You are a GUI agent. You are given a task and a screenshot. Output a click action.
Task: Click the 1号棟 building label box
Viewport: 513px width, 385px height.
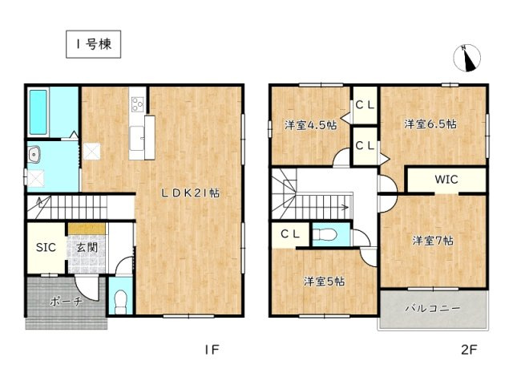pyautogui.click(x=92, y=45)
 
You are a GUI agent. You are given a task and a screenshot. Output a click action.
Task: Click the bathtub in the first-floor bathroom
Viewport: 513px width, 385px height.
pyautogui.click(x=38, y=112)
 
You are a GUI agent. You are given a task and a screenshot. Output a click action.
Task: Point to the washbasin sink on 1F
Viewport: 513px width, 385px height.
pyautogui.click(x=36, y=155)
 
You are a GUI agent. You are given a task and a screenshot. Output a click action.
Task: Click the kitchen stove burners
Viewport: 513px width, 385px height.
pyautogui.click(x=136, y=103)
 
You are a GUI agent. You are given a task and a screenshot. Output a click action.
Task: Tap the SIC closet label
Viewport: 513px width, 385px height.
pyautogui.click(x=46, y=247)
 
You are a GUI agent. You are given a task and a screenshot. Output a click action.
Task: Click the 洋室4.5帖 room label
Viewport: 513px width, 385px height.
pyautogui.click(x=310, y=125)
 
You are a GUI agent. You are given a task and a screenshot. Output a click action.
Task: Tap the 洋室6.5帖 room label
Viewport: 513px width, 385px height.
pyautogui.click(x=430, y=124)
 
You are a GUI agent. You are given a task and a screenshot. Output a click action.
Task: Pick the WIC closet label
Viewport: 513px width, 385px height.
pyautogui.click(x=446, y=180)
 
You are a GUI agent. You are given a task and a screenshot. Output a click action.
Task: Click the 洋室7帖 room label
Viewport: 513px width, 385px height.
pyautogui.click(x=434, y=240)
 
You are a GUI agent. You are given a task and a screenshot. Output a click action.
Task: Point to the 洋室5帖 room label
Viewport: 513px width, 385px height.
pyautogui.click(x=324, y=281)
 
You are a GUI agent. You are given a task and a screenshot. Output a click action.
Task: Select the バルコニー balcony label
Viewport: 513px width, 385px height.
pyautogui.click(x=432, y=308)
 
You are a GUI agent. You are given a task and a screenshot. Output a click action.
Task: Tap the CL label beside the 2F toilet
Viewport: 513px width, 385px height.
pyautogui.click(x=290, y=233)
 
